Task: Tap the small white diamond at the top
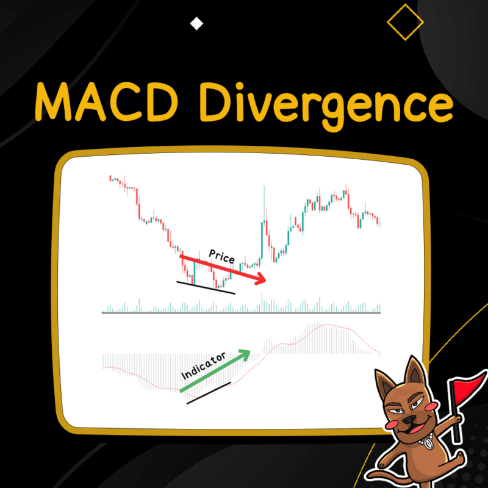[196, 24]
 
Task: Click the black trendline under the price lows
[205, 287]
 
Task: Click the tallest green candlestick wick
[264, 201]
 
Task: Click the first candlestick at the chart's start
[110, 178]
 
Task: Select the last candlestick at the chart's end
[379, 221]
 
